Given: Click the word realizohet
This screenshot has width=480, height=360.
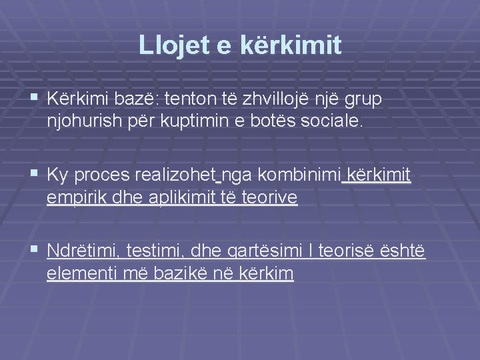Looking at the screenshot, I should click(x=177, y=175).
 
